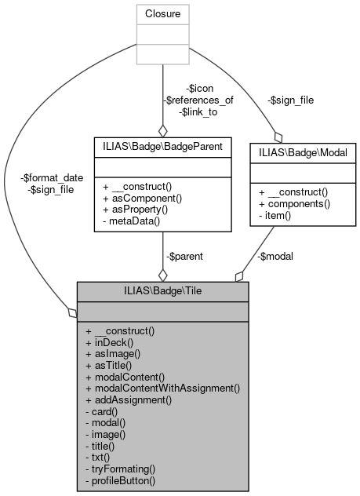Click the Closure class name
coord(162,13)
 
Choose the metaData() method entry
coord(134,221)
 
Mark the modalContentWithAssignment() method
coord(162,388)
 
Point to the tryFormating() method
coord(125,467)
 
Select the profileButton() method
coord(128,478)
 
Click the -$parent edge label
coord(186,256)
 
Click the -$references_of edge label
coord(199,100)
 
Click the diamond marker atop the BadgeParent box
coord(162,131)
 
